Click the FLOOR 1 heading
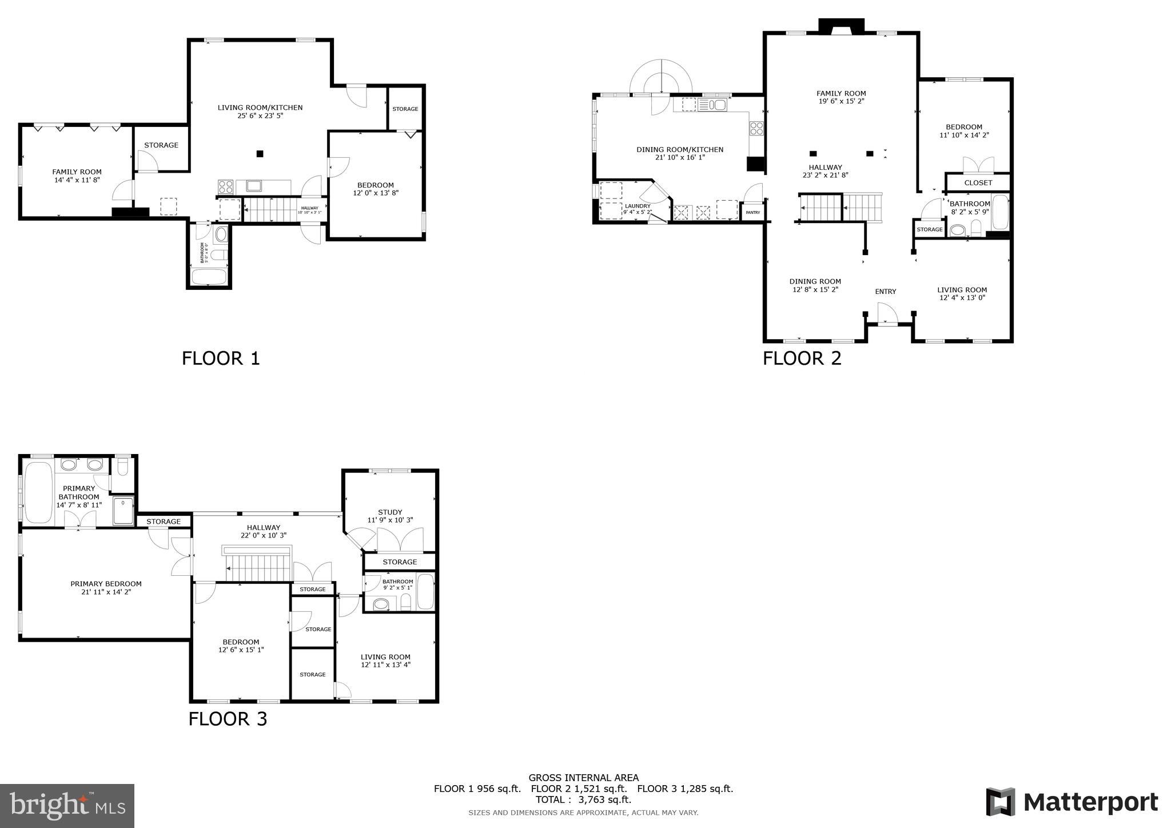(221, 359)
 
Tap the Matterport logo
(1072, 802)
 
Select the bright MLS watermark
(67, 806)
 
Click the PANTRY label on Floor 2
(753, 213)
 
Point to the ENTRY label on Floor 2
(885, 292)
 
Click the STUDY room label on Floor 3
(390, 512)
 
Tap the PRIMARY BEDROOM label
(106, 584)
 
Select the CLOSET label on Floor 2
(978, 183)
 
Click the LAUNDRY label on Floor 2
(638, 206)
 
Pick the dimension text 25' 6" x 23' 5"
(260, 116)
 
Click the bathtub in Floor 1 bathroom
(209, 277)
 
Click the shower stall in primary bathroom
(123, 511)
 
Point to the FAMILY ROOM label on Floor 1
(77, 172)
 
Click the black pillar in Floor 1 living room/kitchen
(260, 153)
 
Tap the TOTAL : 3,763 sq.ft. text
(583, 799)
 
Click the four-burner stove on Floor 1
(225, 186)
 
